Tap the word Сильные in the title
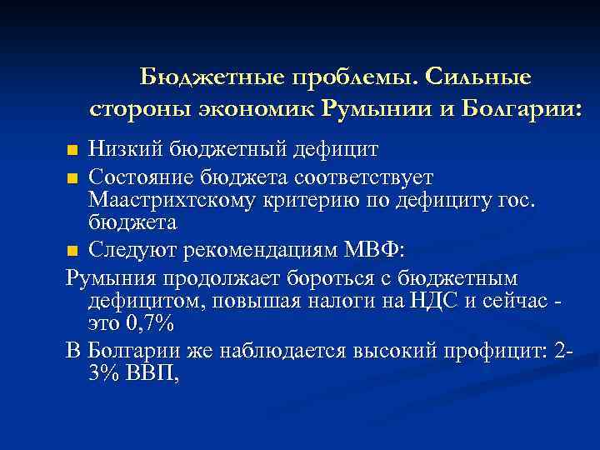pyautogui.click(x=477, y=77)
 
